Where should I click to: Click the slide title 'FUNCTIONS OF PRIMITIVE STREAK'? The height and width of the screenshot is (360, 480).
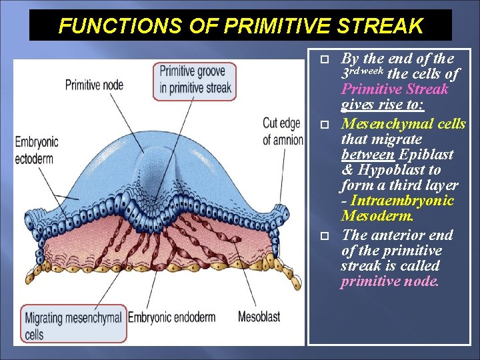coord(241,26)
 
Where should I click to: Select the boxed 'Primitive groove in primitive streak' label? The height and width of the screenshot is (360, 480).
coord(195,81)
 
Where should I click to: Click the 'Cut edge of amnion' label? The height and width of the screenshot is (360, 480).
coord(282,131)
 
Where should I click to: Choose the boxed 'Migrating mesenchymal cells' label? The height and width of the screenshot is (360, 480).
coord(73,325)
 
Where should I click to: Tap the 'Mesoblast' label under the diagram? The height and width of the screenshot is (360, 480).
coord(259,317)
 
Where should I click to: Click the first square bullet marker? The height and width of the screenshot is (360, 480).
coord(325,59)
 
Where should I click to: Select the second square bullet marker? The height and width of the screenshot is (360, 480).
coord(325,125)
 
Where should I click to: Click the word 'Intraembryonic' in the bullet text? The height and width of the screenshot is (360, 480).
coord(402,201)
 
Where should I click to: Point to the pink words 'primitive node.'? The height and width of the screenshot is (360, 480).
coord(390,281)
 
